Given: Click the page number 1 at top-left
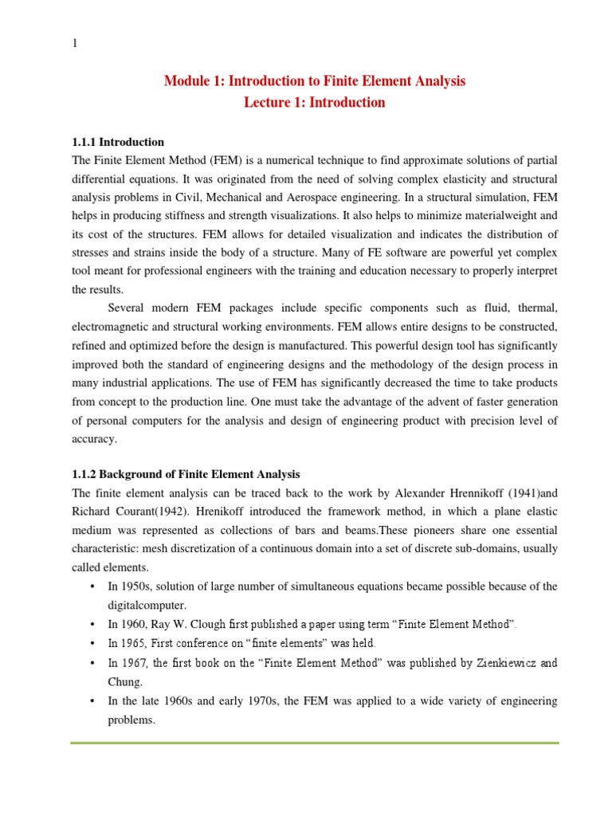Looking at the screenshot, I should (75, 45).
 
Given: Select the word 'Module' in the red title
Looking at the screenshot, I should (183, 81).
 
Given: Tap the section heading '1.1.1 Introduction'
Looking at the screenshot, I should (118, 142).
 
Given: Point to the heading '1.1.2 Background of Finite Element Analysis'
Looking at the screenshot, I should (186, 474).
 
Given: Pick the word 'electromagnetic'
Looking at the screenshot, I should (112, 327).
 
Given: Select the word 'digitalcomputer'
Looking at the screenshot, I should (147, 605).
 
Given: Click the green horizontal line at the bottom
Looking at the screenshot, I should (315, 743).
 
